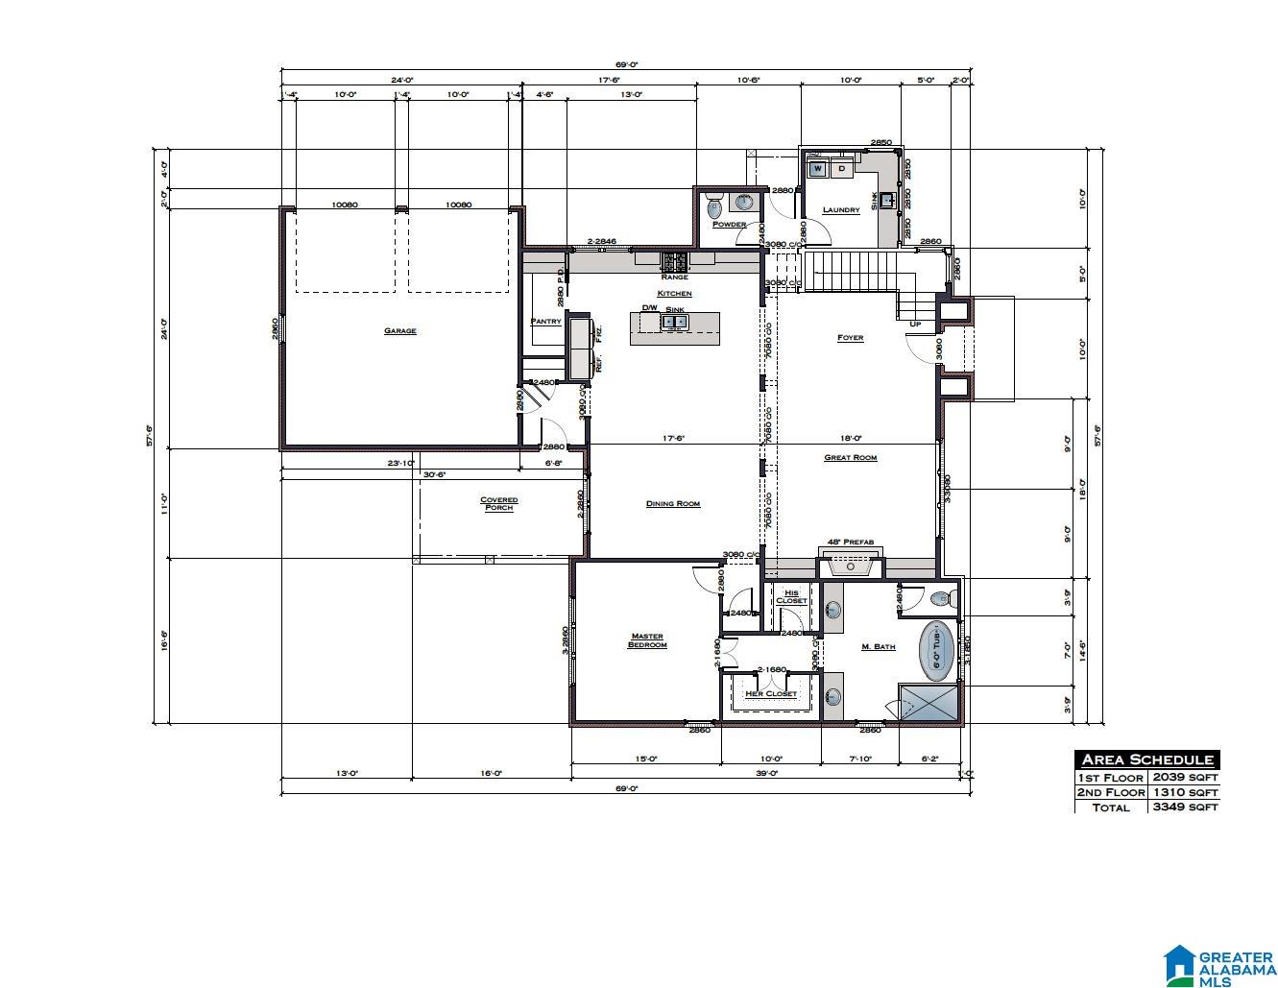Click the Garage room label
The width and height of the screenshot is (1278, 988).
click(x=399, y=331)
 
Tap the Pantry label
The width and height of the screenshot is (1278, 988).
click(x=545, y=322)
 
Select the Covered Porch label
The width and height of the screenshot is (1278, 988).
click(x=498, y=503)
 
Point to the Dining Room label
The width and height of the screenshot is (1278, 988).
click(x=672, y=503)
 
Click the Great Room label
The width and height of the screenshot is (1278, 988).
click(x=850, y=458)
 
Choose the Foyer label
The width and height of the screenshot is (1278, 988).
click(x=850, y=338)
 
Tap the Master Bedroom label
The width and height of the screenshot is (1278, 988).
click(x=647, y=640)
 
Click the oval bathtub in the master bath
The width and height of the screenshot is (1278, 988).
click(x=937, y=648)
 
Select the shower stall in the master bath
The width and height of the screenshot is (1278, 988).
click(x=928, y=702)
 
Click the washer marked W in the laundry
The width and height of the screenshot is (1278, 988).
click(x=817, y=169)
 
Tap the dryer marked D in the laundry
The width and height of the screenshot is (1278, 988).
click(x=841, y=169)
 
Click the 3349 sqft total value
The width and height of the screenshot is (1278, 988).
click(x=1185, y=807)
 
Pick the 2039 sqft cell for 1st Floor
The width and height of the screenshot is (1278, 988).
click(x=1185, y=777)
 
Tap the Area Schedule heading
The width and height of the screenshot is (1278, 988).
click(x=1147, y=759)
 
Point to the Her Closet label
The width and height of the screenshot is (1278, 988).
click(x=771, y=693)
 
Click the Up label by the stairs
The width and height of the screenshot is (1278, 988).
click(x=915, y=324)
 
